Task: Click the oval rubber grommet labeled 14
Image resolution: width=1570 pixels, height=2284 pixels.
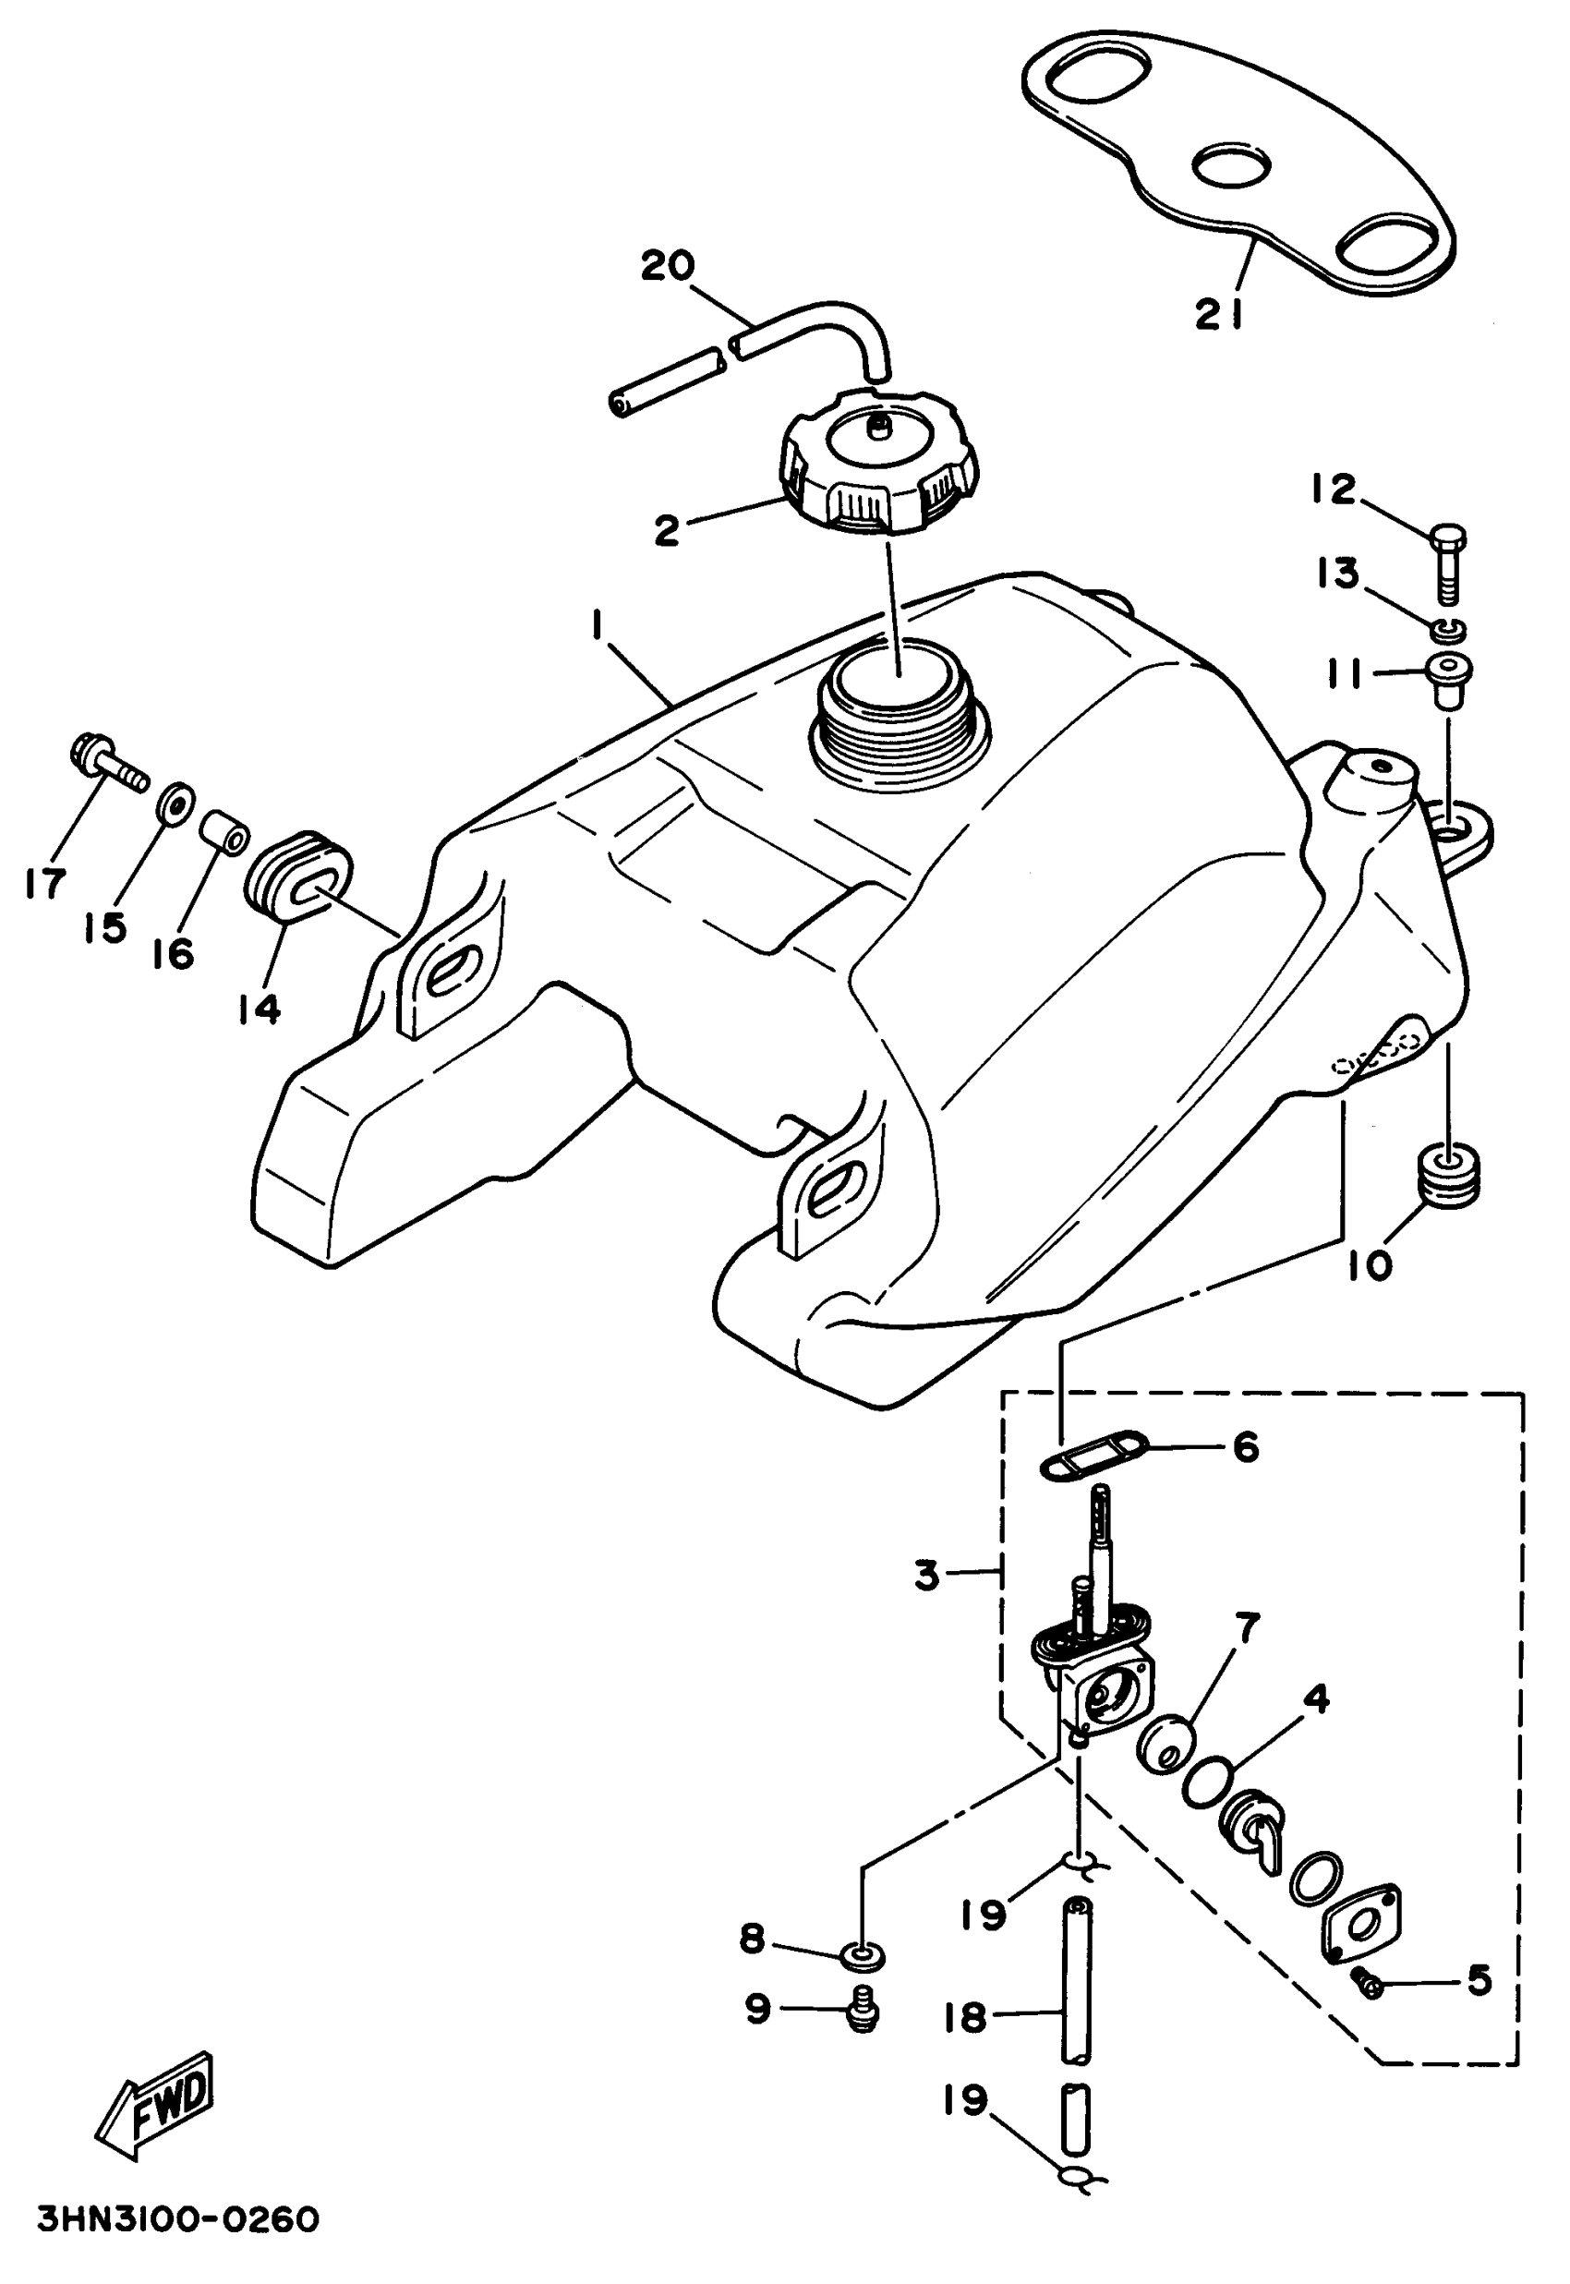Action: [296, 878]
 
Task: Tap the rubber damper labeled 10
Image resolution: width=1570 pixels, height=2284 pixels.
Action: [1449, 1176]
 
